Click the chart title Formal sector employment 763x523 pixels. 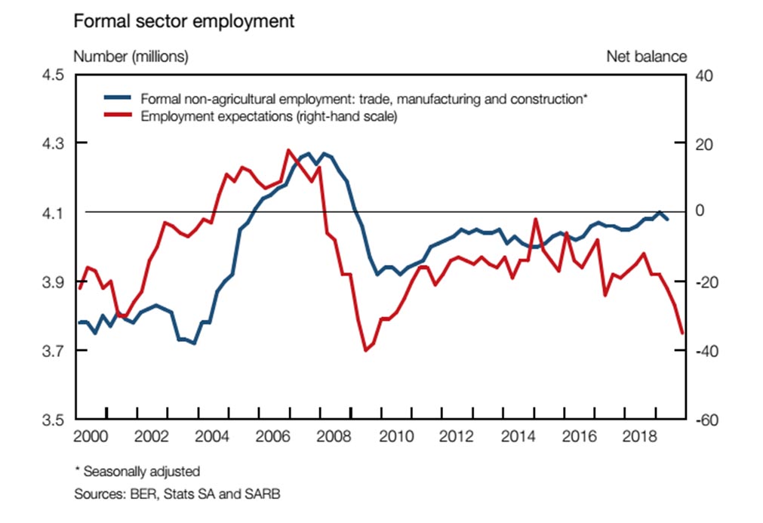[183, 21]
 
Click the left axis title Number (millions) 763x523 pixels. [131, 57]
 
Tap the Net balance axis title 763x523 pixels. [646, 57]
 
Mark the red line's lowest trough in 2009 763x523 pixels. [366, 350]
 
